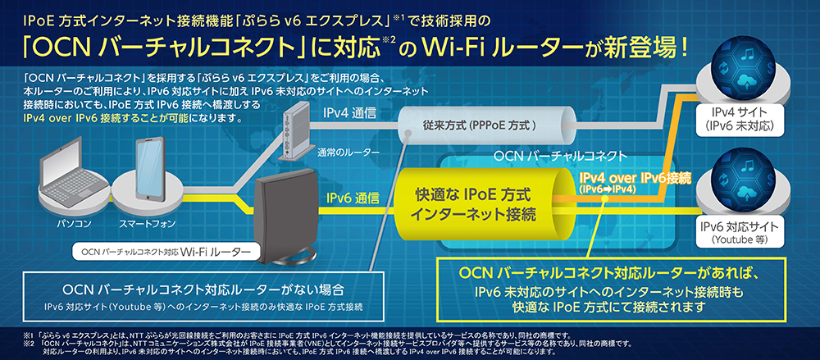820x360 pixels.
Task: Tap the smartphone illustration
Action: (149, 169)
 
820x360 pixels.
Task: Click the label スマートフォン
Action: (148, 224)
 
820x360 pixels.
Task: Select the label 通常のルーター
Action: (348, 153)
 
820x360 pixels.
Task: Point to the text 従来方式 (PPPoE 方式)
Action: (480, 125)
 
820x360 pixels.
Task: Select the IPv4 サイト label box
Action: (739, 120)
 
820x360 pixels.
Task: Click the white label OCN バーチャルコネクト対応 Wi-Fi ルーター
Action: (162, 253)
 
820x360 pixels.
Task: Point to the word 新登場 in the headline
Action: (646, 48)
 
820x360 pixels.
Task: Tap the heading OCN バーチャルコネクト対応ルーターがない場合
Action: (203, 289)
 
